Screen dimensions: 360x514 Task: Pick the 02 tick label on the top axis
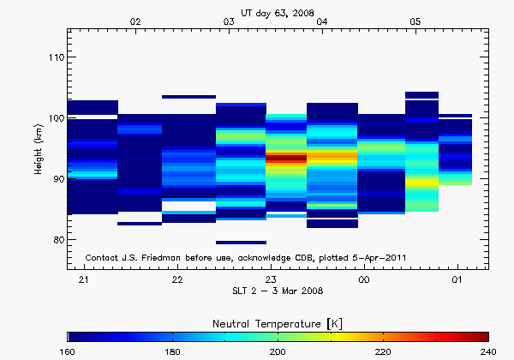click(x=135, y=21)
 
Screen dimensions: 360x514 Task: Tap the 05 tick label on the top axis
click(x=415, y=21)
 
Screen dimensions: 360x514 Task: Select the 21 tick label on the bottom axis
click(x=84, y=280)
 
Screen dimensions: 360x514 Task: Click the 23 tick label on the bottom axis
click(x=271, y=280)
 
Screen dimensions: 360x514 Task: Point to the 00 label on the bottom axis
click(x=364, y=280)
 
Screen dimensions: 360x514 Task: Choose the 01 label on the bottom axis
click(x=457, y=280)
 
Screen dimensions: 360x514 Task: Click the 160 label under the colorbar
click(x=69, y=351)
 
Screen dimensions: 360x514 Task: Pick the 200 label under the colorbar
click(x=278, y=351)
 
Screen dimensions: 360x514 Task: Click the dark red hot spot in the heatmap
click(x=286, y=158)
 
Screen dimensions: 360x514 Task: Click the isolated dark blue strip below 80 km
click(x=241, y=243)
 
